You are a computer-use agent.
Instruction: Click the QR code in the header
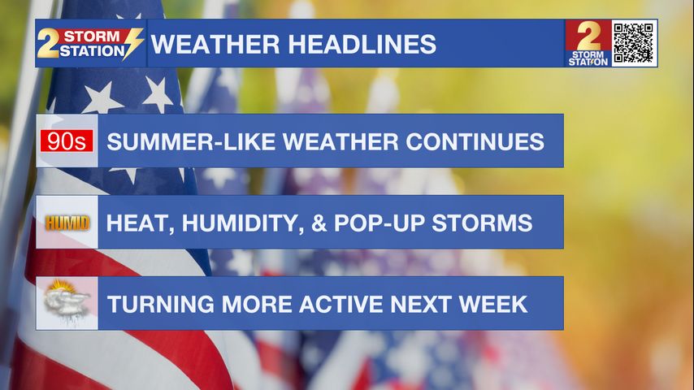[633, 43]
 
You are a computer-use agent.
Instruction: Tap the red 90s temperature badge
[67, 141]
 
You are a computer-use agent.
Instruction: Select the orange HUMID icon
[67, 223]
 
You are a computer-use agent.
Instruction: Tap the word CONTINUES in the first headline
[475, 142]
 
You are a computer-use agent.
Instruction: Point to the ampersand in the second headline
[319, 223]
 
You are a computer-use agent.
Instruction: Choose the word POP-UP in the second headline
[379, 223]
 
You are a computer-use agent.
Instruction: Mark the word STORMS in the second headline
[482, 223]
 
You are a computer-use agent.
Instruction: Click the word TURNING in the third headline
[160, 305]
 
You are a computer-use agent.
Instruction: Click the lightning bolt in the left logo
[132, 43]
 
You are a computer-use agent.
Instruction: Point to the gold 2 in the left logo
[48, 43]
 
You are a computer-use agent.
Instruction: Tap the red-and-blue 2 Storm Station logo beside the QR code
[588, 43]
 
